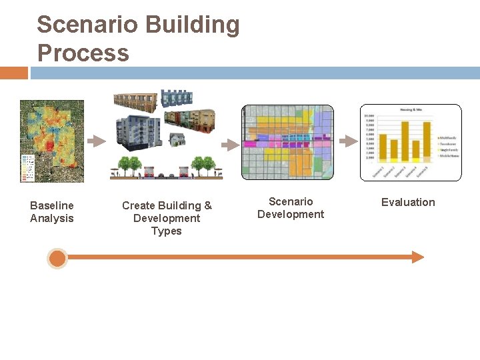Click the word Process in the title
tap(83, 53)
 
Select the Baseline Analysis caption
tap(52, 212)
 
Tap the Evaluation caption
tap(408, 202)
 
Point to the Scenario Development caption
tap(291, 208)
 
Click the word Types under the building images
tap(167, 231)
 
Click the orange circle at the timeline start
tap(58, 258)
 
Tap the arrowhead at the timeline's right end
tap(418, 257)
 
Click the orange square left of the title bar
tap(14, 73)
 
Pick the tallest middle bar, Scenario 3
tap(404, 141)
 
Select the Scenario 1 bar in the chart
tap(383, 147)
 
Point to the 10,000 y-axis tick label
tap(369, 115)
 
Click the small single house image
tap(177, 139)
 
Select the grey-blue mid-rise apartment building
tap(138, 130)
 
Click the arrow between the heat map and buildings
tap(97, 141)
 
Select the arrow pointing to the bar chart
tap(347, 141)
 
